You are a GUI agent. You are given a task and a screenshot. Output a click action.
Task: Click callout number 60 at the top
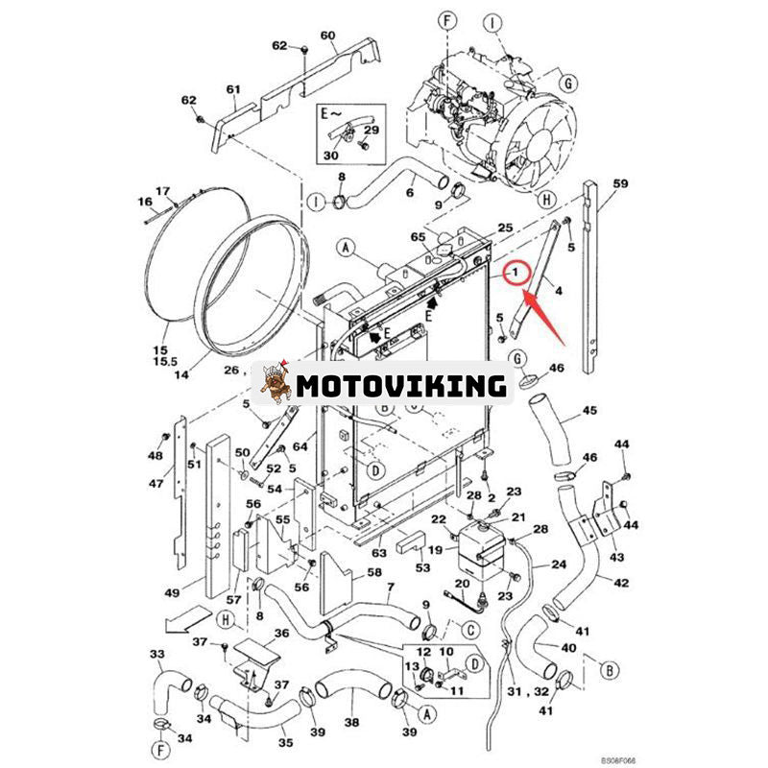(327, 36)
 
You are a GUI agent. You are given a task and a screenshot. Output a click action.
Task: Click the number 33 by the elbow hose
(156, 654)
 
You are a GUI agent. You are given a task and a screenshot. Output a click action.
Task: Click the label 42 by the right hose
(622, 582)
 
